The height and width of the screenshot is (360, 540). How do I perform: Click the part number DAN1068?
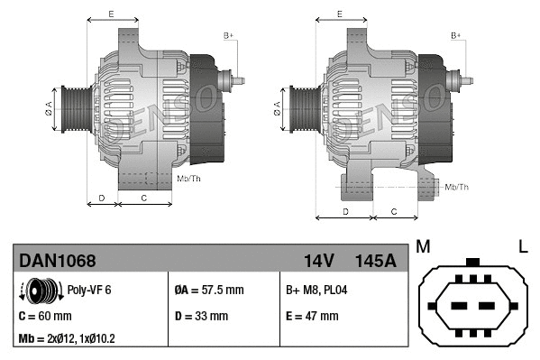58,261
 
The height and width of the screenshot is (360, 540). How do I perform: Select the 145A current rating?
376,261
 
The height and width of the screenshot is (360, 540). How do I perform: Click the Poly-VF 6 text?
89,291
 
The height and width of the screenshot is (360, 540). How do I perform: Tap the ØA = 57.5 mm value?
208,291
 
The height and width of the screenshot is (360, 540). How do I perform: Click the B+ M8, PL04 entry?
316,291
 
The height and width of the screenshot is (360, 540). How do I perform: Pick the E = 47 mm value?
311,316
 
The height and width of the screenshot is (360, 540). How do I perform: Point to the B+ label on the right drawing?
456,35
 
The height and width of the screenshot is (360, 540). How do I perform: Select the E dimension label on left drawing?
111,14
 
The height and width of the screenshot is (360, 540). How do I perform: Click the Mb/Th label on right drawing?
457,187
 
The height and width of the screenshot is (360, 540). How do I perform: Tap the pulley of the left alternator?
75,110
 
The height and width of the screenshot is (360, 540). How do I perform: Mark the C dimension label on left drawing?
144,196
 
